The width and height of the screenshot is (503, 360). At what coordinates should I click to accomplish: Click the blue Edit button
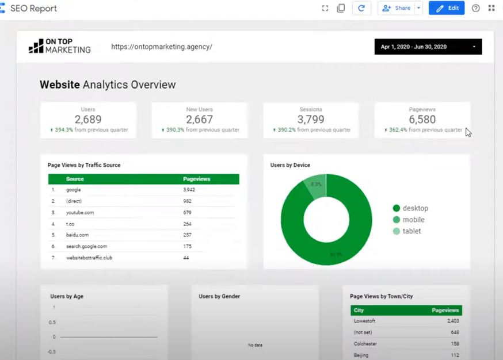pyautogui.click(x=446, y=8)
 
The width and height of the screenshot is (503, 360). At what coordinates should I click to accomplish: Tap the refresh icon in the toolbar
pyautogui.click(x=361, y=8)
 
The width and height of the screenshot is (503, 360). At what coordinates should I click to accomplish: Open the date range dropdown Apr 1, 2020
pyautogui.click(x=428, y=47)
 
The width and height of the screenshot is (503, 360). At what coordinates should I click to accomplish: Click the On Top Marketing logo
pyautogui.click(x=60, y=47)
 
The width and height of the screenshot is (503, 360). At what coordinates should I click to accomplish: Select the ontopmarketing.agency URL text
pyautogui.click(x=161, y=47)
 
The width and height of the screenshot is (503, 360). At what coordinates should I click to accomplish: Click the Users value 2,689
pyautogui.click(x=88, y=120)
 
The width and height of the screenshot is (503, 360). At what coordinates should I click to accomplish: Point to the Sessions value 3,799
pyautogui.click(x=311, y=120)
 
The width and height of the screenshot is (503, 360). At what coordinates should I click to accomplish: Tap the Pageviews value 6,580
pyautogui.click(x=422, y=120)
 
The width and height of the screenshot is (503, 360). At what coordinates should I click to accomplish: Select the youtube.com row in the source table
pyautogui.click(x=79, y=212)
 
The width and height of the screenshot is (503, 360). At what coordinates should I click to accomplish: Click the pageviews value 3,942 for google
pyautogui.click(x=189, y=189)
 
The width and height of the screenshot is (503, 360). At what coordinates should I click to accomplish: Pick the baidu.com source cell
pyautogui.click(x=77, y=235)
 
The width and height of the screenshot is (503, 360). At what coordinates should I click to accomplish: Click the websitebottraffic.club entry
pyautogui.click(x=89, y=258)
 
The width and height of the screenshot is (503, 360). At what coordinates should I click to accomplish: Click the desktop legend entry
pyautogui.click(x=414, y=208)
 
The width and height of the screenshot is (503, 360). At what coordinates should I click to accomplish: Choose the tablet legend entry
pyautogui.click(x=411, y=231)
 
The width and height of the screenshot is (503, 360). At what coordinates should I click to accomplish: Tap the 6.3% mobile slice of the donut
pyautogui.click(x=316, y=186)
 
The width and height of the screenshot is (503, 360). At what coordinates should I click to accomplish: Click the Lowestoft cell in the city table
pyautogui.click(x=365, y=321)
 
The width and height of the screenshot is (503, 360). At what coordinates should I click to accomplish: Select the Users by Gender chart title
pyautogui.click(x=219, y=296)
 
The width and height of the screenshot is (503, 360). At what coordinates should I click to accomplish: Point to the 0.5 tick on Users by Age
pyautogui.click(x=54, y=322)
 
